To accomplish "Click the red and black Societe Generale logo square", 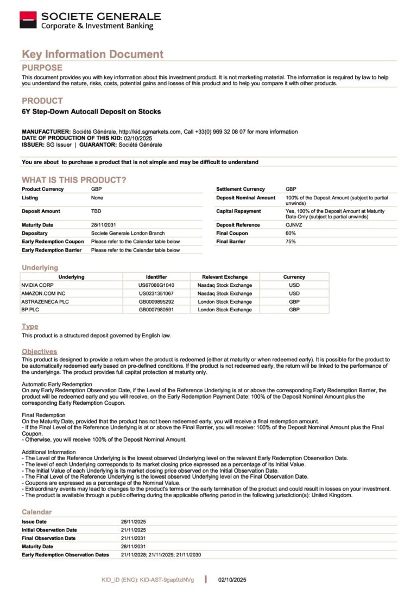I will [28, 20].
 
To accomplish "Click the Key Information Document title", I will [92, 54].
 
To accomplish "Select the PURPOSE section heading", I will [42, 68].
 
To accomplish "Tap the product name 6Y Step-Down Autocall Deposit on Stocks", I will [91, 112].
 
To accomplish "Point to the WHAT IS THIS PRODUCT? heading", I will [74, 180].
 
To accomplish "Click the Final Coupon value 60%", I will [290, 233].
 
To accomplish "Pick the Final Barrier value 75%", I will [290, 241].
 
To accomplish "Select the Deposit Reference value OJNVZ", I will [293, 225].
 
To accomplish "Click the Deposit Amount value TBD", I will [97, 211].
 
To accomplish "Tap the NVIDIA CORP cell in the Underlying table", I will [38, 285].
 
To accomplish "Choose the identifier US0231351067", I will [156, 293].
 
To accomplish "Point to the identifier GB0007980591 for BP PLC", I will [156, 310].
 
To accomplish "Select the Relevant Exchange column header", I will [225, 277].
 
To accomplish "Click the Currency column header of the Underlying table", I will [294, 277].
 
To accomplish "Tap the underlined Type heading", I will [30, 327].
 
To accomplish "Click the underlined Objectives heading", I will [39, 352].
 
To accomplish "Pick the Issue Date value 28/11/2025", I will [133, 522].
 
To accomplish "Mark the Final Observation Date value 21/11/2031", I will [133, 538].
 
